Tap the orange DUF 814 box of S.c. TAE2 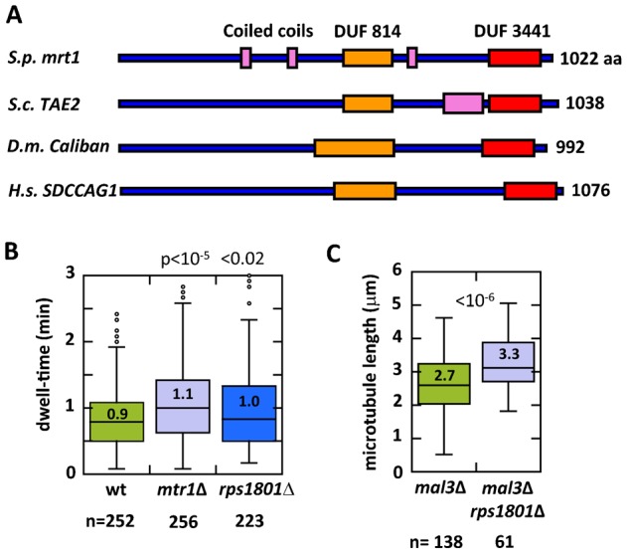point(367,103)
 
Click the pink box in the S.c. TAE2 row point(463,103)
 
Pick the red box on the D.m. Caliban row point(508,148)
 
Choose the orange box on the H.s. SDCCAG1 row point(364,191)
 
